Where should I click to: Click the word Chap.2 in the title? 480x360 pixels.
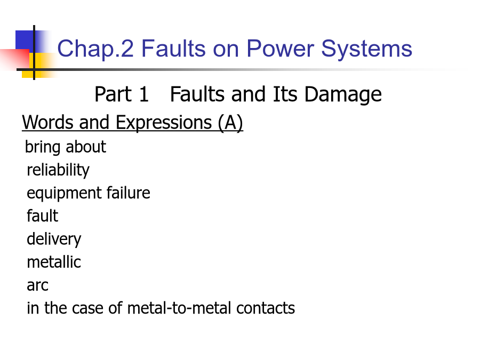(x=95, y=49)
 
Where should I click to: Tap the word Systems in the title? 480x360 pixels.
(x=367, y=49)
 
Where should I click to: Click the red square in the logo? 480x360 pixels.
(x=15, y=59)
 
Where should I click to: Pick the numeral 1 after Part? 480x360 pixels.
(x=144, y=94)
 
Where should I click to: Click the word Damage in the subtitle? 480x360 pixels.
(x=343, y=95)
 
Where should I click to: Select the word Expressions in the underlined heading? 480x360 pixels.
(x=164, y=123)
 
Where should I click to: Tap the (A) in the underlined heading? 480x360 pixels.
(x=230, y=123)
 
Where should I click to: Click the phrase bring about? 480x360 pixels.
(x=66, y=147)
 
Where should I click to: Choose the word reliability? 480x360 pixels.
(x=58, y=170)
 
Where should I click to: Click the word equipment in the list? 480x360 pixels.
(x=65, y=194)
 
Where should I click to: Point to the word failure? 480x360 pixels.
(x=128, y=193)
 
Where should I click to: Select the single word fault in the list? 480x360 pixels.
(x=42, y=216)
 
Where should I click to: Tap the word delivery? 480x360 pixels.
(x=54, y=239)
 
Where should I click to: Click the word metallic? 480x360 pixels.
(x=54, y=262)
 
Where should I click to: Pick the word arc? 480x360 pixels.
(x=37, y=285)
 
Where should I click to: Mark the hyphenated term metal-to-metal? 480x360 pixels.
(x=179, y=308)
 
